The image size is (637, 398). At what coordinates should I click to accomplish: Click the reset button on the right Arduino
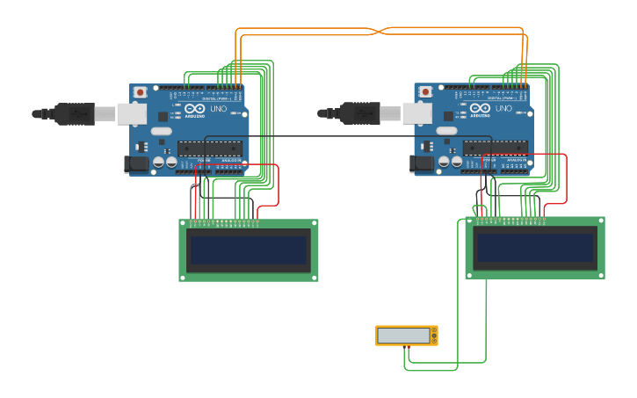click(425, 91)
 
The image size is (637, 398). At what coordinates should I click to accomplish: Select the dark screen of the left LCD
click(249, 250)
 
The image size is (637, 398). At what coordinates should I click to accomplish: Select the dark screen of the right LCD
click(534, 248)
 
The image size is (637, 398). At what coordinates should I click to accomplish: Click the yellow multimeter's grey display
click(403, 336)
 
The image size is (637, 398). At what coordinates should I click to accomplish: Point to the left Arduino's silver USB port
click(132, 113)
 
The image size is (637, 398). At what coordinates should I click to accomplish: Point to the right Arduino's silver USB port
click(416, 113)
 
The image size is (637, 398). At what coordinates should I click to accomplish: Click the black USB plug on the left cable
click(75, 113)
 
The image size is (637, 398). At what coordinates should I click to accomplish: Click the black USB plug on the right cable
click(360, 113)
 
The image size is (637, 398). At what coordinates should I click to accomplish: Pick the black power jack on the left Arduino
click(137, 163)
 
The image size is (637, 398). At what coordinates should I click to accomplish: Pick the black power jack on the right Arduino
click(422, 163)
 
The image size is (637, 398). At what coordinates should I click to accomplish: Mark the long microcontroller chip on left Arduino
click(210, 148)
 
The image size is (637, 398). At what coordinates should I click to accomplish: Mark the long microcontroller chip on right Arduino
click(496, 148)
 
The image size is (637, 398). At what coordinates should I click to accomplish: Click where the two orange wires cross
click(379, 31)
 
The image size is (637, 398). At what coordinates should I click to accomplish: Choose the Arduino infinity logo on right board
click(479, 109)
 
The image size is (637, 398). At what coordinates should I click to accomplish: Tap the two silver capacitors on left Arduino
click(164, 162)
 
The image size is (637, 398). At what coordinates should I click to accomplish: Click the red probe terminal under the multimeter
click(406, 348)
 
